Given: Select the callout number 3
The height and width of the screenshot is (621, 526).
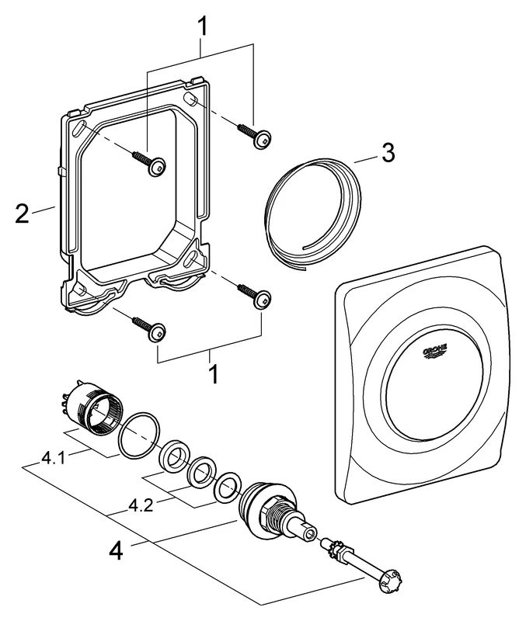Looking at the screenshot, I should pos(386,152).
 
